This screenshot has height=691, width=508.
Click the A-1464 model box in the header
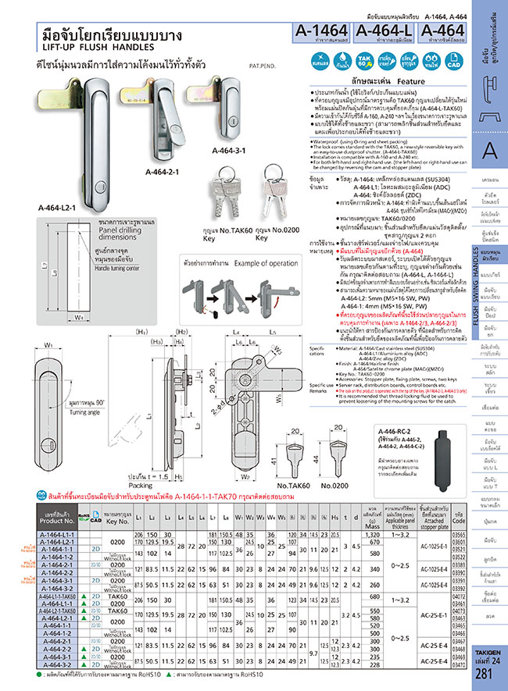(x=321, y=34)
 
